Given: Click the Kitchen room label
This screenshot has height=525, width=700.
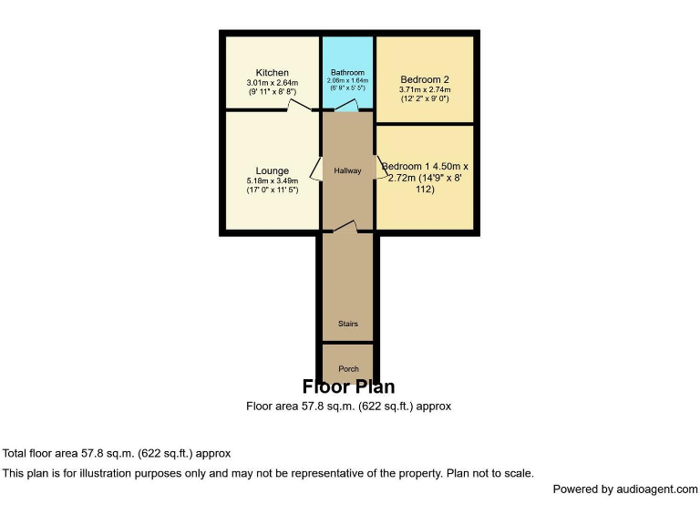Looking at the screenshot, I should point(272,73).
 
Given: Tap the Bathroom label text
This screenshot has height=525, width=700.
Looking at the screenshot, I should point(347,73).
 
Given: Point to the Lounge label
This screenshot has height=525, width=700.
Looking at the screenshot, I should point(272,170).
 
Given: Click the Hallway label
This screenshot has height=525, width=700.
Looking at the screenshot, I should point(347,170).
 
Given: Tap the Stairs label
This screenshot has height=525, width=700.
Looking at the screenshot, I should point(347,324).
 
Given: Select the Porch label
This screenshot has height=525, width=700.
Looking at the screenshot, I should point(347,369).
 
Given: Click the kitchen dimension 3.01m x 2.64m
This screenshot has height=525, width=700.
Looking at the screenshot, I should point(272,83).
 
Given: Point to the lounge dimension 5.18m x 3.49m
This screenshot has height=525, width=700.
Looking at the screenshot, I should point(272,180).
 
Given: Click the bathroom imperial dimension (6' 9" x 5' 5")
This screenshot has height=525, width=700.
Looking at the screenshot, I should point(347,88).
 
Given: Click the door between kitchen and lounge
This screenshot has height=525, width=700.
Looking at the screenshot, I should point(298,107).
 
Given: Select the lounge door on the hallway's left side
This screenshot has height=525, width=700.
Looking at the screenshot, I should point(315,170).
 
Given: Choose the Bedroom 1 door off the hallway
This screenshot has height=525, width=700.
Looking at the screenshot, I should point(380,170).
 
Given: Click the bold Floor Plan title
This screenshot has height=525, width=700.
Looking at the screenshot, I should point(348,387).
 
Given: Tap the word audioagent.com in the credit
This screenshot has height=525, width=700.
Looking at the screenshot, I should point(654,489).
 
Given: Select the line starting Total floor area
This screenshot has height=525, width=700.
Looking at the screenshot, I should point(117,453).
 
